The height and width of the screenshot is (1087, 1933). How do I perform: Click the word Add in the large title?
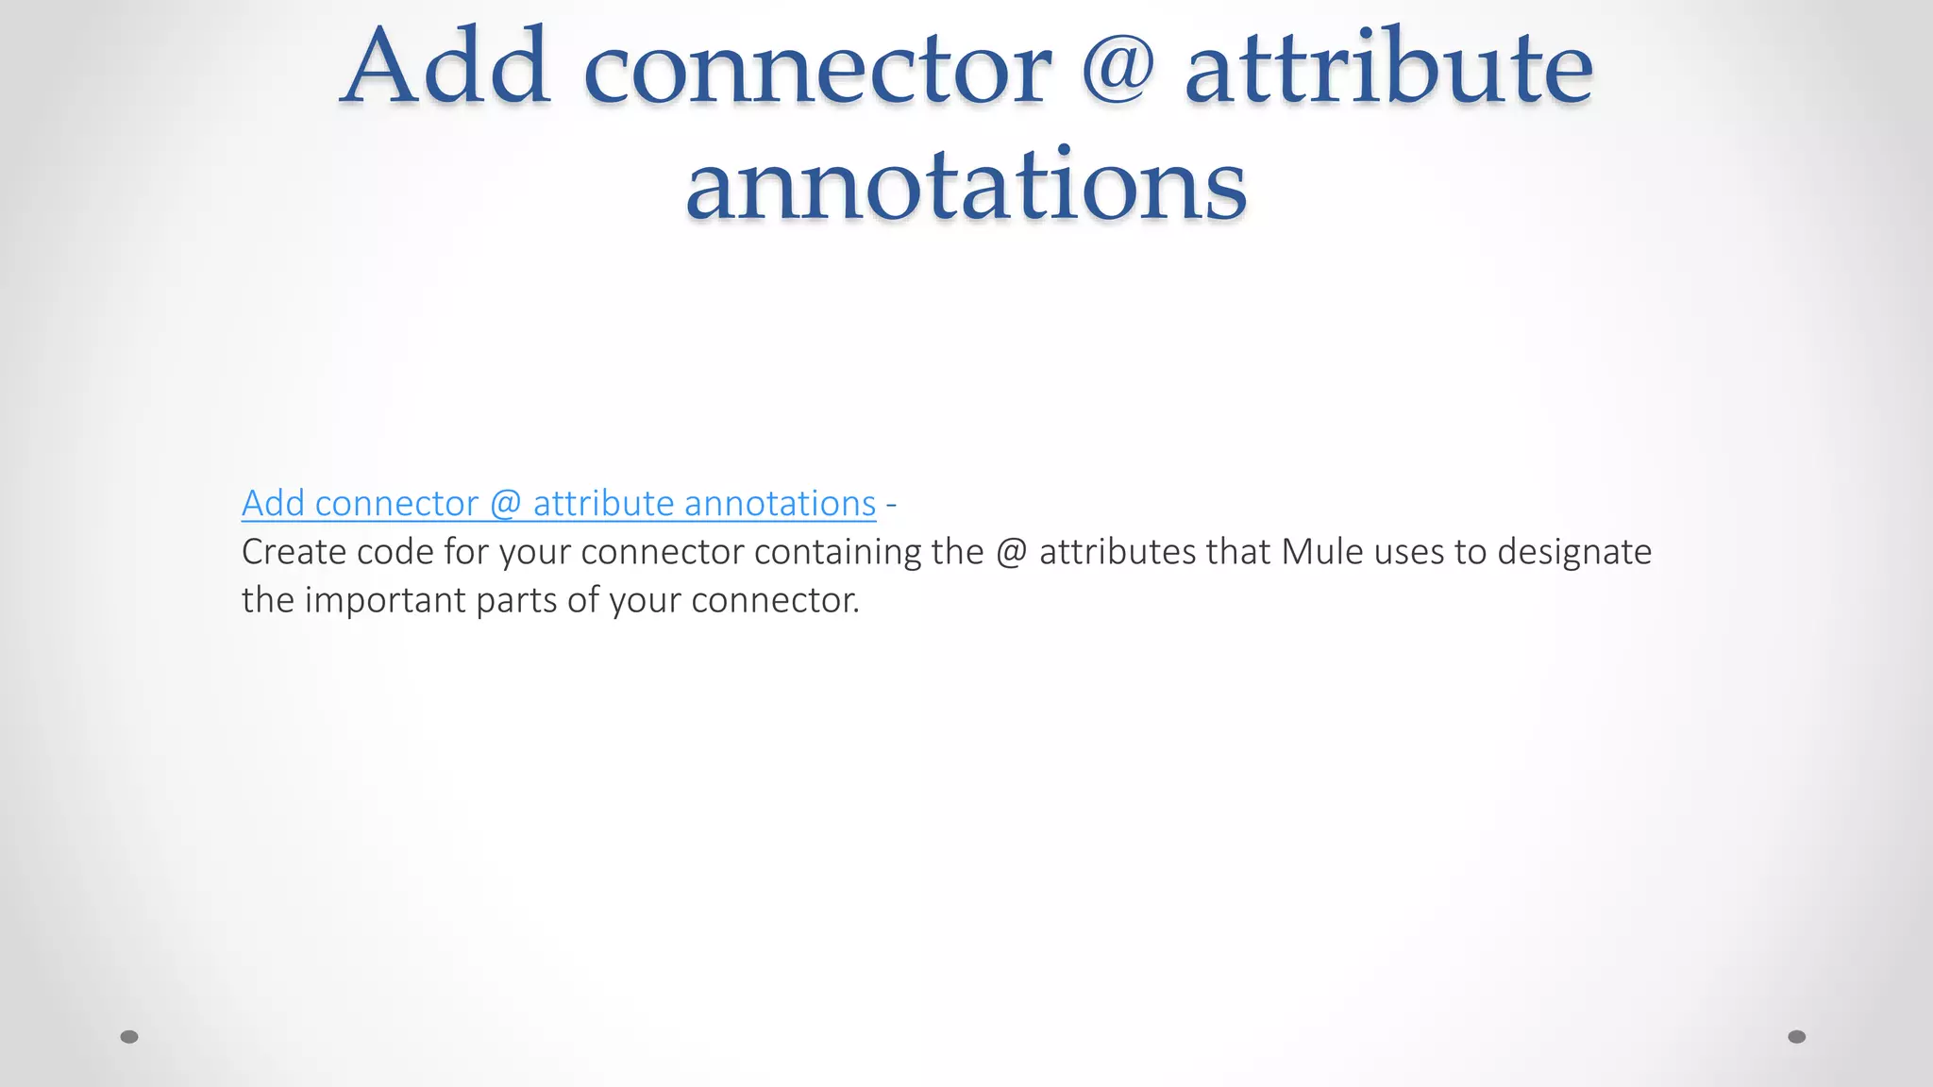coord(445,68)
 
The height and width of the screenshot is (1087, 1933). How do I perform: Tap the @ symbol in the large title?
coord(1118,68)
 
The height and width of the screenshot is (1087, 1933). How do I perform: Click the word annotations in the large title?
coord(966,185)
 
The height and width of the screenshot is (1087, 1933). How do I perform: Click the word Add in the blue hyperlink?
coord(273,504)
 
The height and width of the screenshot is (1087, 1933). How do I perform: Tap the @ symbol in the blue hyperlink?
coord(506,504)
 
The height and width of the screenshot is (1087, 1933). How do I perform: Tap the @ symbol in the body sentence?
coord(1011,552)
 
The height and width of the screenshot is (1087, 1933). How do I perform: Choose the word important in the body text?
coord(385,601)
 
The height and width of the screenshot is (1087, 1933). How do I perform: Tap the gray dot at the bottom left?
coord(129,1037)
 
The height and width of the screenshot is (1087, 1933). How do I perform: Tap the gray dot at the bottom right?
coord(1797,1037)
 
